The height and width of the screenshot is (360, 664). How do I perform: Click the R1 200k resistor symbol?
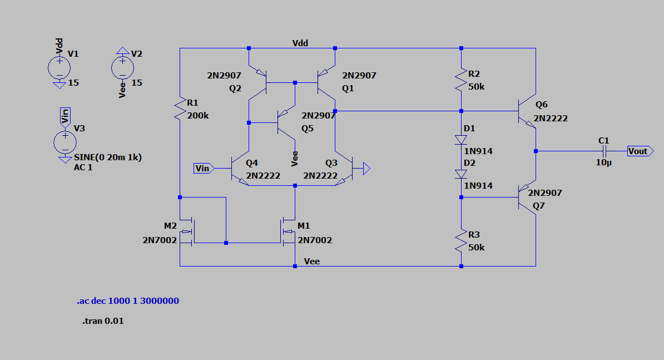(x=180, y=109)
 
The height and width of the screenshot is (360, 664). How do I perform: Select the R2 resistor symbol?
(x=461, y=80)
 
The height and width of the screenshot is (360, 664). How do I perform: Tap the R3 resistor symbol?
(x=461, y=240)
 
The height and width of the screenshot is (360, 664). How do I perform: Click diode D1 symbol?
(x=461, y=139)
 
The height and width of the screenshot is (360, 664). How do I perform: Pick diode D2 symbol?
(x=461, y=174)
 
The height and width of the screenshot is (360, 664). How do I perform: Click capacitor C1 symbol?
(x=604, y=151)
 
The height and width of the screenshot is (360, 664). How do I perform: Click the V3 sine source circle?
(x=65, y=142)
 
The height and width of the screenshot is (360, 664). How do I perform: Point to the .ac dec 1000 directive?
(x=128, y=301)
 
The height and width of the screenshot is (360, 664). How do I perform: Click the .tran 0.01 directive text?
(x=103, y=321)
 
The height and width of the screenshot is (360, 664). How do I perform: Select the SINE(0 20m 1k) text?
(x=108, y=157)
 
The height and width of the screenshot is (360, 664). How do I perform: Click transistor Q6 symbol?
(x=526, y=112)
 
